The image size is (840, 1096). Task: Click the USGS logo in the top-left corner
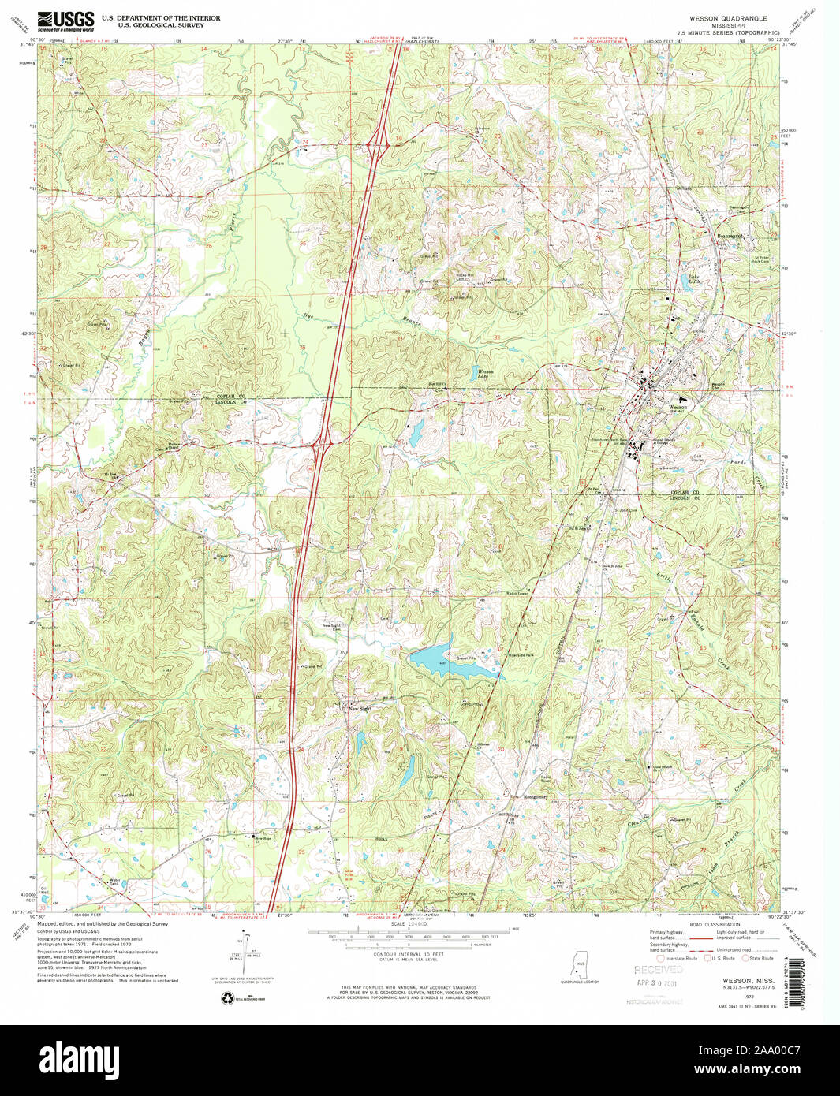click(x=66, y=20)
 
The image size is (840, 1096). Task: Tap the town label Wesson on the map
click(x=678, y=408)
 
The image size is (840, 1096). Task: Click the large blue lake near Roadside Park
click(x=450, y=661)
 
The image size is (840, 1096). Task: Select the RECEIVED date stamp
click(x=659, y=970)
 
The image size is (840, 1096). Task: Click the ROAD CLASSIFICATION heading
click(x=714, y=924)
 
